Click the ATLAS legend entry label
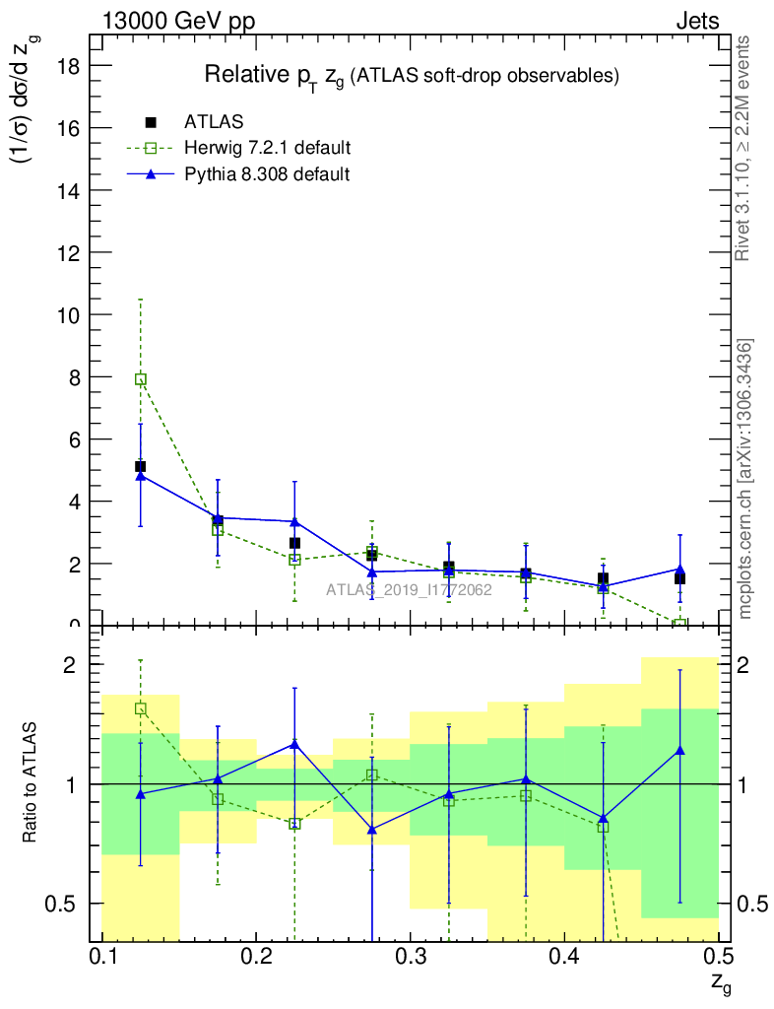[214, 122]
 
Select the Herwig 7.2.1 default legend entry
[267, 148]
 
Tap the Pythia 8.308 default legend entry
[266, 174]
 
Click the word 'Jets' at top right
[696, 21]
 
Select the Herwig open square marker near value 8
[141, 379]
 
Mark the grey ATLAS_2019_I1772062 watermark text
[409, 591]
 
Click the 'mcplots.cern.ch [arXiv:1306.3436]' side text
[745, 480]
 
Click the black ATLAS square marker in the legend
[152, 122]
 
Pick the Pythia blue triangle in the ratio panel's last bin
[679, 751]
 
